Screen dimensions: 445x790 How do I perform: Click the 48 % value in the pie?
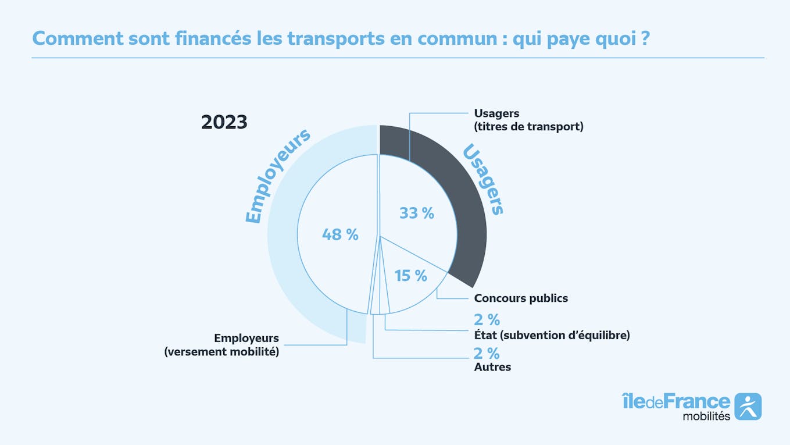point(340,234)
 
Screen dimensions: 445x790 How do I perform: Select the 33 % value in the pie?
point(417,213)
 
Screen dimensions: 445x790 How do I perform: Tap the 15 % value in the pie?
point(411,276)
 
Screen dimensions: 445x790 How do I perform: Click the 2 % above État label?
point(487,319)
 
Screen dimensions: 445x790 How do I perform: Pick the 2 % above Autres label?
point(487,353)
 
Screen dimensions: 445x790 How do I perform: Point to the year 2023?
point(224,122)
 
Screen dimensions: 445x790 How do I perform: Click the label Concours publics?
point(521,298)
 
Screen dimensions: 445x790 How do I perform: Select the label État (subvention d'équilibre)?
point(552,335)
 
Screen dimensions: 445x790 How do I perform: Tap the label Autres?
point(492,367)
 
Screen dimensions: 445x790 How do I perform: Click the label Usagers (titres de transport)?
point(528,120)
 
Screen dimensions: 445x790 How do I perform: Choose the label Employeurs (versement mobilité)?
point(222,345)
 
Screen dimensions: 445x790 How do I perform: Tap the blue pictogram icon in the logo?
point(748,406)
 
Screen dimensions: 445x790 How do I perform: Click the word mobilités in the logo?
point(706,416)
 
